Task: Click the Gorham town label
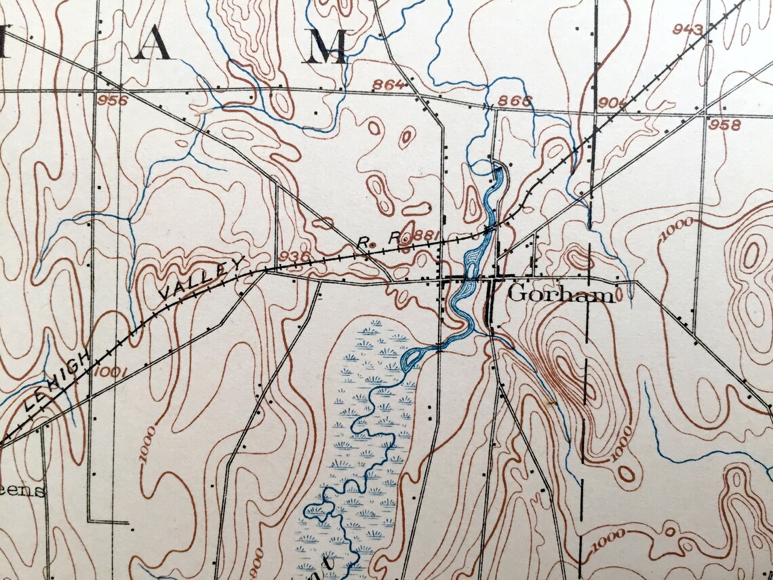[561, 294]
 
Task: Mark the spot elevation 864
[389, 85]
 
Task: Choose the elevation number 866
[515, 101]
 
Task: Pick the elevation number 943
[688, 28]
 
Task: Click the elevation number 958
[724, 125]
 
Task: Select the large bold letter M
[328, 46]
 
